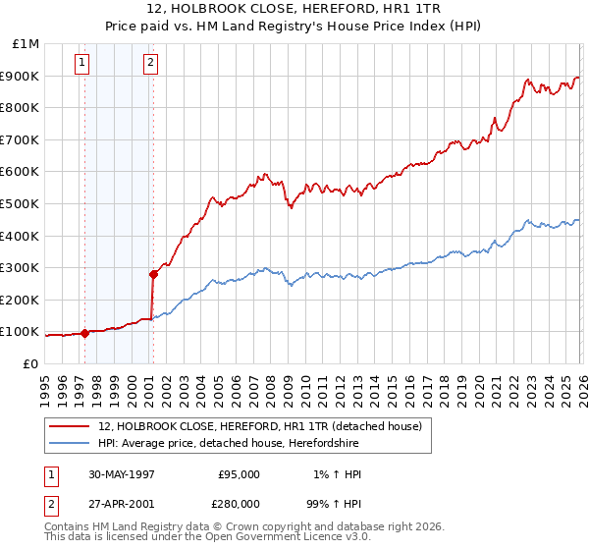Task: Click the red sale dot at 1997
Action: [85, 333]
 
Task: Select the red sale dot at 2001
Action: [153, 274]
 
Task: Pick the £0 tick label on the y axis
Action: [31, 363]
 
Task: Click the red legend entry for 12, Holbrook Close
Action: [259, 426]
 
